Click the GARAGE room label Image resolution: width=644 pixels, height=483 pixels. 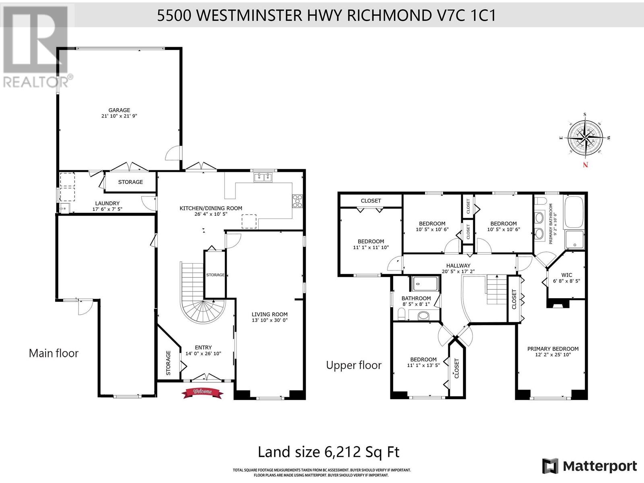[x=119, y=110]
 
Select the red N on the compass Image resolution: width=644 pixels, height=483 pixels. [x=585, y=165]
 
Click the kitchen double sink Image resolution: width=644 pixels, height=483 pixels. [x=263, y=177]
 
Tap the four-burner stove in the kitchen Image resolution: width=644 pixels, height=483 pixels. [x=297, y=201]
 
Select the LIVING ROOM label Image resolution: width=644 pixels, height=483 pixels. [x=270, y=314]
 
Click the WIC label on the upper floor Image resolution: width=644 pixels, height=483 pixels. [x=567, y=275]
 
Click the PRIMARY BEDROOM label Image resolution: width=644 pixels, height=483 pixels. [x=553, y=349]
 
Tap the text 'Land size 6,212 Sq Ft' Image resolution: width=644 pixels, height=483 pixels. [x=328, y=452]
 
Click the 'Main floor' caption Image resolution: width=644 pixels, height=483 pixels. [x=54, y=353]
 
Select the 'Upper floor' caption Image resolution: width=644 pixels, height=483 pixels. [x=354, y=365]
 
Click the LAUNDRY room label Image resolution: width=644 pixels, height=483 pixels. [x=107, y=203]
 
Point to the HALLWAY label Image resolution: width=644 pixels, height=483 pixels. [x=458, y=266]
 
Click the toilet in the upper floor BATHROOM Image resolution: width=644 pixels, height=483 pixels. [x=402, y=314]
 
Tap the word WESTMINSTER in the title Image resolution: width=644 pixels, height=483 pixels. [x=249, y=15]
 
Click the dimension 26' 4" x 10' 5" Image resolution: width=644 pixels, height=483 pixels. [x=211, y=214]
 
